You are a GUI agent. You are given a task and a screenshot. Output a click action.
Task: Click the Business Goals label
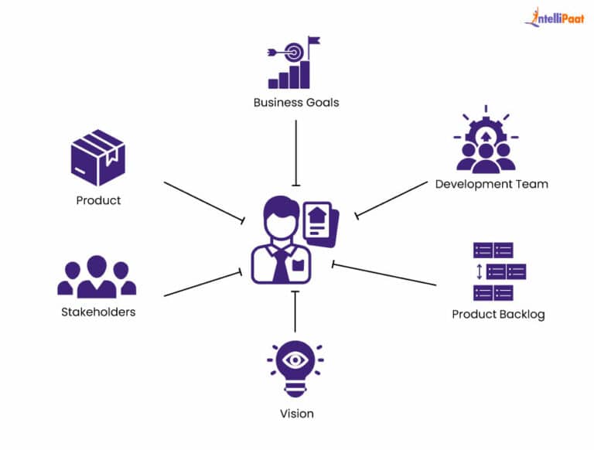click(296, 102)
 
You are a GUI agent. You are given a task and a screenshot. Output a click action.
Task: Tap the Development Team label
click(491, 184)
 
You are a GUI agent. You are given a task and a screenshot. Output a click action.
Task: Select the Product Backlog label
click(498, 315)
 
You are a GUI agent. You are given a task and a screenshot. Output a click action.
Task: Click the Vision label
click(296, 414)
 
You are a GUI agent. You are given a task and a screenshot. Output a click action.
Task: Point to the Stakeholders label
click(98, 312)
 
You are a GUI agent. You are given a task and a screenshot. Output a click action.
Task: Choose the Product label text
click(98, 201)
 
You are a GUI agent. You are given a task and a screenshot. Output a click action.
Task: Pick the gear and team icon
click(486, 144)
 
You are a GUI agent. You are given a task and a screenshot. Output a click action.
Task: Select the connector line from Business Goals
click(296, 151)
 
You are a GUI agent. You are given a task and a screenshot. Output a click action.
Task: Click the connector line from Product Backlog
click(385, 275)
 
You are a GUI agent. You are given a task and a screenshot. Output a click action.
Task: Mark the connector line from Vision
click(295, 313)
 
